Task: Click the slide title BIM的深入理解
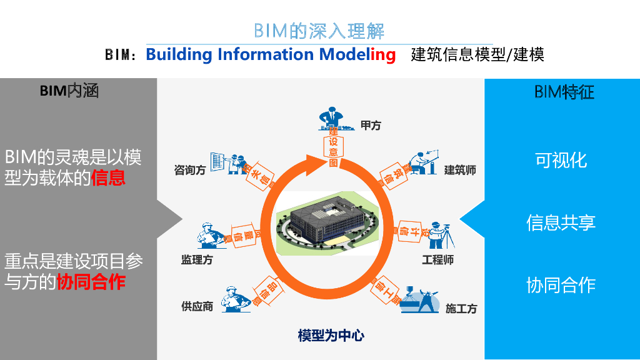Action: coord(319,31)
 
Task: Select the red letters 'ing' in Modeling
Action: coord(382,54)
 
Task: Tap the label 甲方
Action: coord(371,125)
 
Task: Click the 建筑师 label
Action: coord(460,170)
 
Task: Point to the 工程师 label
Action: coord(437,259)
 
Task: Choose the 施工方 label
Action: coord(461,309)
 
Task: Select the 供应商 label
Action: coord(197,306)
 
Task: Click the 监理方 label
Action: coord(197,259)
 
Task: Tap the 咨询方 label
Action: coord(190,170)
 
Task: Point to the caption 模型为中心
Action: coord(331,336)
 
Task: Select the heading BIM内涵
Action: coord(69,91)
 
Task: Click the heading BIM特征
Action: coord(564,92)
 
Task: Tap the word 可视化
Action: coord(561,160)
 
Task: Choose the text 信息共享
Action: coord(561,222)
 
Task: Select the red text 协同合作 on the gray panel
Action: coord(91,282)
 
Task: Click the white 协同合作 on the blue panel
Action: coord(561,285)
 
